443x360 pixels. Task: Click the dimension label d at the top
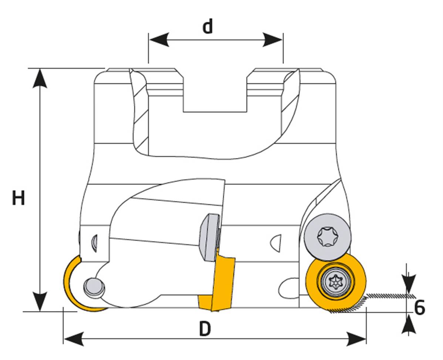[x=208, y=27]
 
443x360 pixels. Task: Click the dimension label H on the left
[x=18, y=198]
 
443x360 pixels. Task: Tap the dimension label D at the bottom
[x=205, y=329]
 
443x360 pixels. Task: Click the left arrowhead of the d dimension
[x=159, y=40]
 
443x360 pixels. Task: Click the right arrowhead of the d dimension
[x=273, y=40]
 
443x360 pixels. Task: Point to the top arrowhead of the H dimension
[x=40, y=78]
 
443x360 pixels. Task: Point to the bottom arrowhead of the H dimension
[x=40, y=302]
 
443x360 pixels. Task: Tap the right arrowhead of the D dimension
[x=356, y=339]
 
